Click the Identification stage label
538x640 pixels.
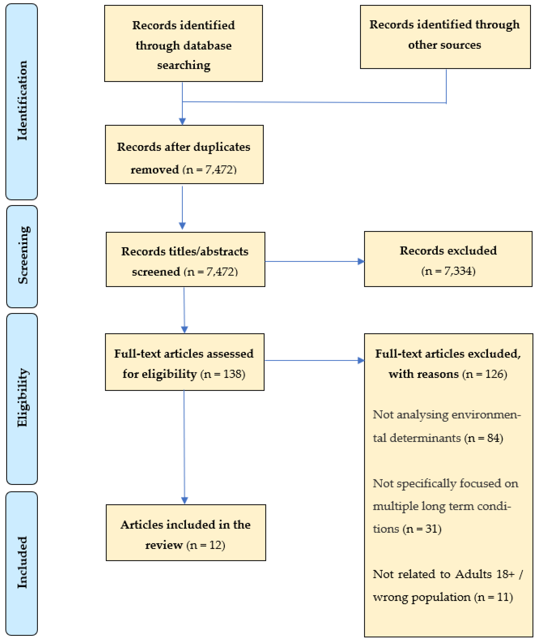pos(22,101)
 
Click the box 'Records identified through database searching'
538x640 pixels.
pos(183,43)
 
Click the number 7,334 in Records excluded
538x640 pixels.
pos(455,271)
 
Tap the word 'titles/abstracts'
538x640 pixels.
pos(209,251)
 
